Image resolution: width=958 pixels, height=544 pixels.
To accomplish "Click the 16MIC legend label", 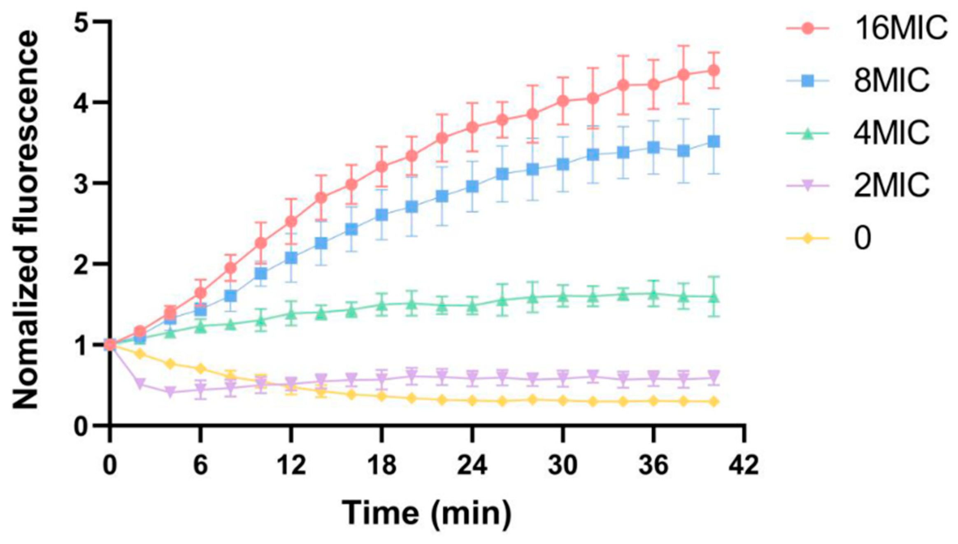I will [900, 28].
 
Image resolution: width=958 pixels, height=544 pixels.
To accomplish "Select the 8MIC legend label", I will [891, 80].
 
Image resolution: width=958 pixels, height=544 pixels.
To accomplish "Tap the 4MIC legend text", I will [891, 133].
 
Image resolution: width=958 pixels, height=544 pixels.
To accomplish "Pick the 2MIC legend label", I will [891, 185].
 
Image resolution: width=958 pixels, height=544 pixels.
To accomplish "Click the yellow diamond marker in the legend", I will [807, 238].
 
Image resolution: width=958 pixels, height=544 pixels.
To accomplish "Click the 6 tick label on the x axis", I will [200, 465].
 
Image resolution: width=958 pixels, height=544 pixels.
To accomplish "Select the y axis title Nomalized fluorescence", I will [26, 220].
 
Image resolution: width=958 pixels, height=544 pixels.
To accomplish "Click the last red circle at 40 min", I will [714, 70].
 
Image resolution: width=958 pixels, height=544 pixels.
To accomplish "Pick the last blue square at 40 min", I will [714, 142].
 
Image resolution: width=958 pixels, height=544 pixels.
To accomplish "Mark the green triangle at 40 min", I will [714, 297].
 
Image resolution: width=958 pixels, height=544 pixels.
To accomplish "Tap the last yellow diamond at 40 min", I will [714, 402].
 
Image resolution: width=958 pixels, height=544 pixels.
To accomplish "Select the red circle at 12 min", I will [291, 222].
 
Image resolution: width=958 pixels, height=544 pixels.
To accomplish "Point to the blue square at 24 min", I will [472, 187].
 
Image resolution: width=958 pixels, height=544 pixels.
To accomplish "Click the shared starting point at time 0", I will [109, 344].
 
